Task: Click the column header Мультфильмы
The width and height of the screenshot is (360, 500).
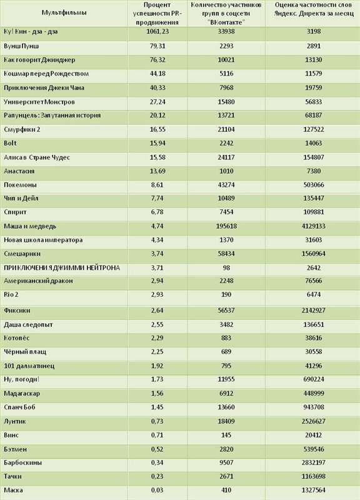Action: [64, 12]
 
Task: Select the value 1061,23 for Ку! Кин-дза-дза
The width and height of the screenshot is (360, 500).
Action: [157, 32]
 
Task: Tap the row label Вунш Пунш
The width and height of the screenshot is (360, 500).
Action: [21, 46]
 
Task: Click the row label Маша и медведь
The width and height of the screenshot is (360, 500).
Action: [30, 226]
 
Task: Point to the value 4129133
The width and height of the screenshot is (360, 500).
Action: [314, 226]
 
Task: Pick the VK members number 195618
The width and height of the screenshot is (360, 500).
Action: [226, 226]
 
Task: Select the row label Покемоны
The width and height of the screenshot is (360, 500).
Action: [20, 185]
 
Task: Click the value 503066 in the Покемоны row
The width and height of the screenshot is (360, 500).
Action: [314, 185]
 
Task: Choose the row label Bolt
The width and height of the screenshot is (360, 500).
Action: [10, 143]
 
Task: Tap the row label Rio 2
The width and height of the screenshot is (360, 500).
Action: [11, 294]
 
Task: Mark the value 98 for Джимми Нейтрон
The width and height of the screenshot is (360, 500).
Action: [226, 268]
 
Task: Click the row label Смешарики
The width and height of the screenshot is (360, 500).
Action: [22, 254]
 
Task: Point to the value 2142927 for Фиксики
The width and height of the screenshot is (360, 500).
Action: [314, 311]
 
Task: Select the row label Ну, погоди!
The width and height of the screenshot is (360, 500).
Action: [22, 379]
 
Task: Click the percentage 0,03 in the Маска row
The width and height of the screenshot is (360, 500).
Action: [157, 490]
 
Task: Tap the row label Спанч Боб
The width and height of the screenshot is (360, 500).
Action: [19, 407]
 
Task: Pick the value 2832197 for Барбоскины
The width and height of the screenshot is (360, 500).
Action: [314, 462]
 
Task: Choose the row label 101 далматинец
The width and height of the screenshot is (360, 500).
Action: [29, 366]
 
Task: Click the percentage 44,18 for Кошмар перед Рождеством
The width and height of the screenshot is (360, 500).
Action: [157, 74]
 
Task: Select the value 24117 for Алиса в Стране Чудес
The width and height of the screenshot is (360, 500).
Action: [226, 157]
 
